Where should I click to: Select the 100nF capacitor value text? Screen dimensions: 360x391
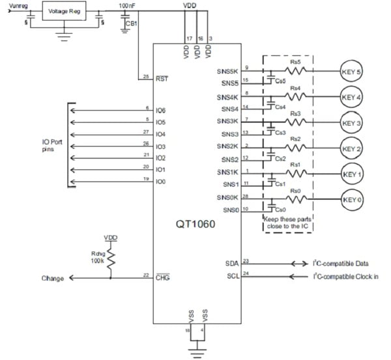pyautogui.click(x=128, y=5)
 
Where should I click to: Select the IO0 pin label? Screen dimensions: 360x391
pyautogui.click(x=161, y=180)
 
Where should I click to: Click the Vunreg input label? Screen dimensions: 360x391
pyautogui.click(x=18, y=5)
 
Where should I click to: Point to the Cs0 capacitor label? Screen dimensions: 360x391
pyautogui.click(x=282, y=210)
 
